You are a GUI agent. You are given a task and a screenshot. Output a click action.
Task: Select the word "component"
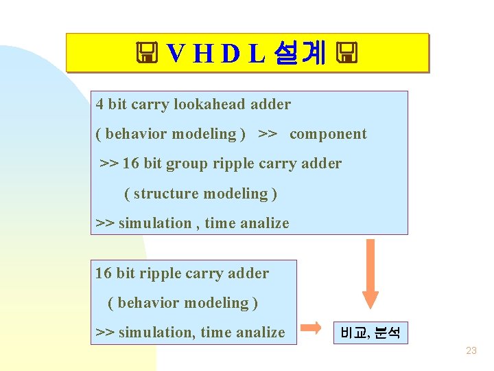pyautogui.click(x=328, y=134)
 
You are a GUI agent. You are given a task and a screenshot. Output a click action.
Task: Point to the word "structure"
pyautogui.click(x=164, y=194)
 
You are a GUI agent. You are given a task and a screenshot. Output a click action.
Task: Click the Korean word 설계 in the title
pyautogui.click(x=299, y=53)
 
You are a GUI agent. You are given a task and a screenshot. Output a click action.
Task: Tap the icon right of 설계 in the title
pyautogui.click(x=347, y=53)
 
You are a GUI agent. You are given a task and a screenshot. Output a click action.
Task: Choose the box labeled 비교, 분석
pyautogui.click(x=370, y=333)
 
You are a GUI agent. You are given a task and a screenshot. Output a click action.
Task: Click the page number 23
pyautogui.click(x=471, y=350)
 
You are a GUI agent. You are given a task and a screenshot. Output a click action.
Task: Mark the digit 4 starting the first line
pyautogui.click(x=100, y=104)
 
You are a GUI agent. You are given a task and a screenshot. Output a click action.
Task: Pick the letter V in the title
pyautogui.click(x=176, y=53)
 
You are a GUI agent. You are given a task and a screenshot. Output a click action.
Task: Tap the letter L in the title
pyautogui.click(x=255, y=53)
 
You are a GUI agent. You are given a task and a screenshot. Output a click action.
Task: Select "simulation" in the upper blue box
pyautogui.click(x=155, y=223)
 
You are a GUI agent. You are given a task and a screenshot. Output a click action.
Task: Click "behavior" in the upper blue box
pyautogui.click(x=136, y=134)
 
